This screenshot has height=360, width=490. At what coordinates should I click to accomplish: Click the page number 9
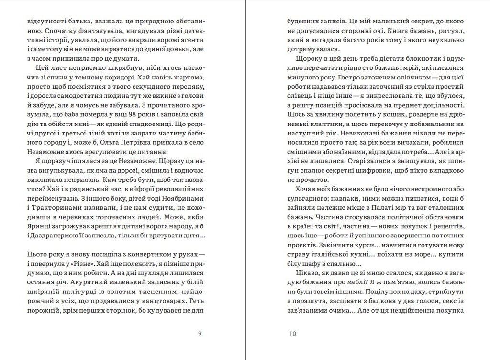(x=200, y=334)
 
